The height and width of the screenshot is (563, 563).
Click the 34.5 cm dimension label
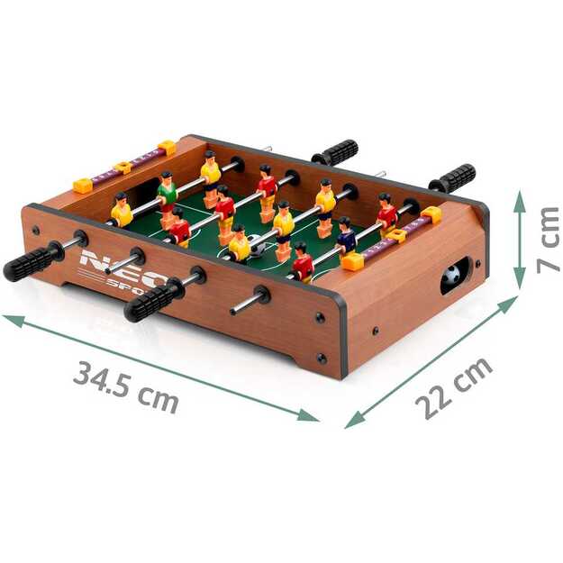tap(125, 385)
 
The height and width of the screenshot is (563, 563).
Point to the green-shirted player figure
tap(168, 190)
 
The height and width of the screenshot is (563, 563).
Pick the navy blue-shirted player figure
tap(347, 236)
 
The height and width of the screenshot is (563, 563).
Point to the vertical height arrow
tap(521, 240)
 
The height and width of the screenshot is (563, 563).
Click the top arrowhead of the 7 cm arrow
tap(521, 195)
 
